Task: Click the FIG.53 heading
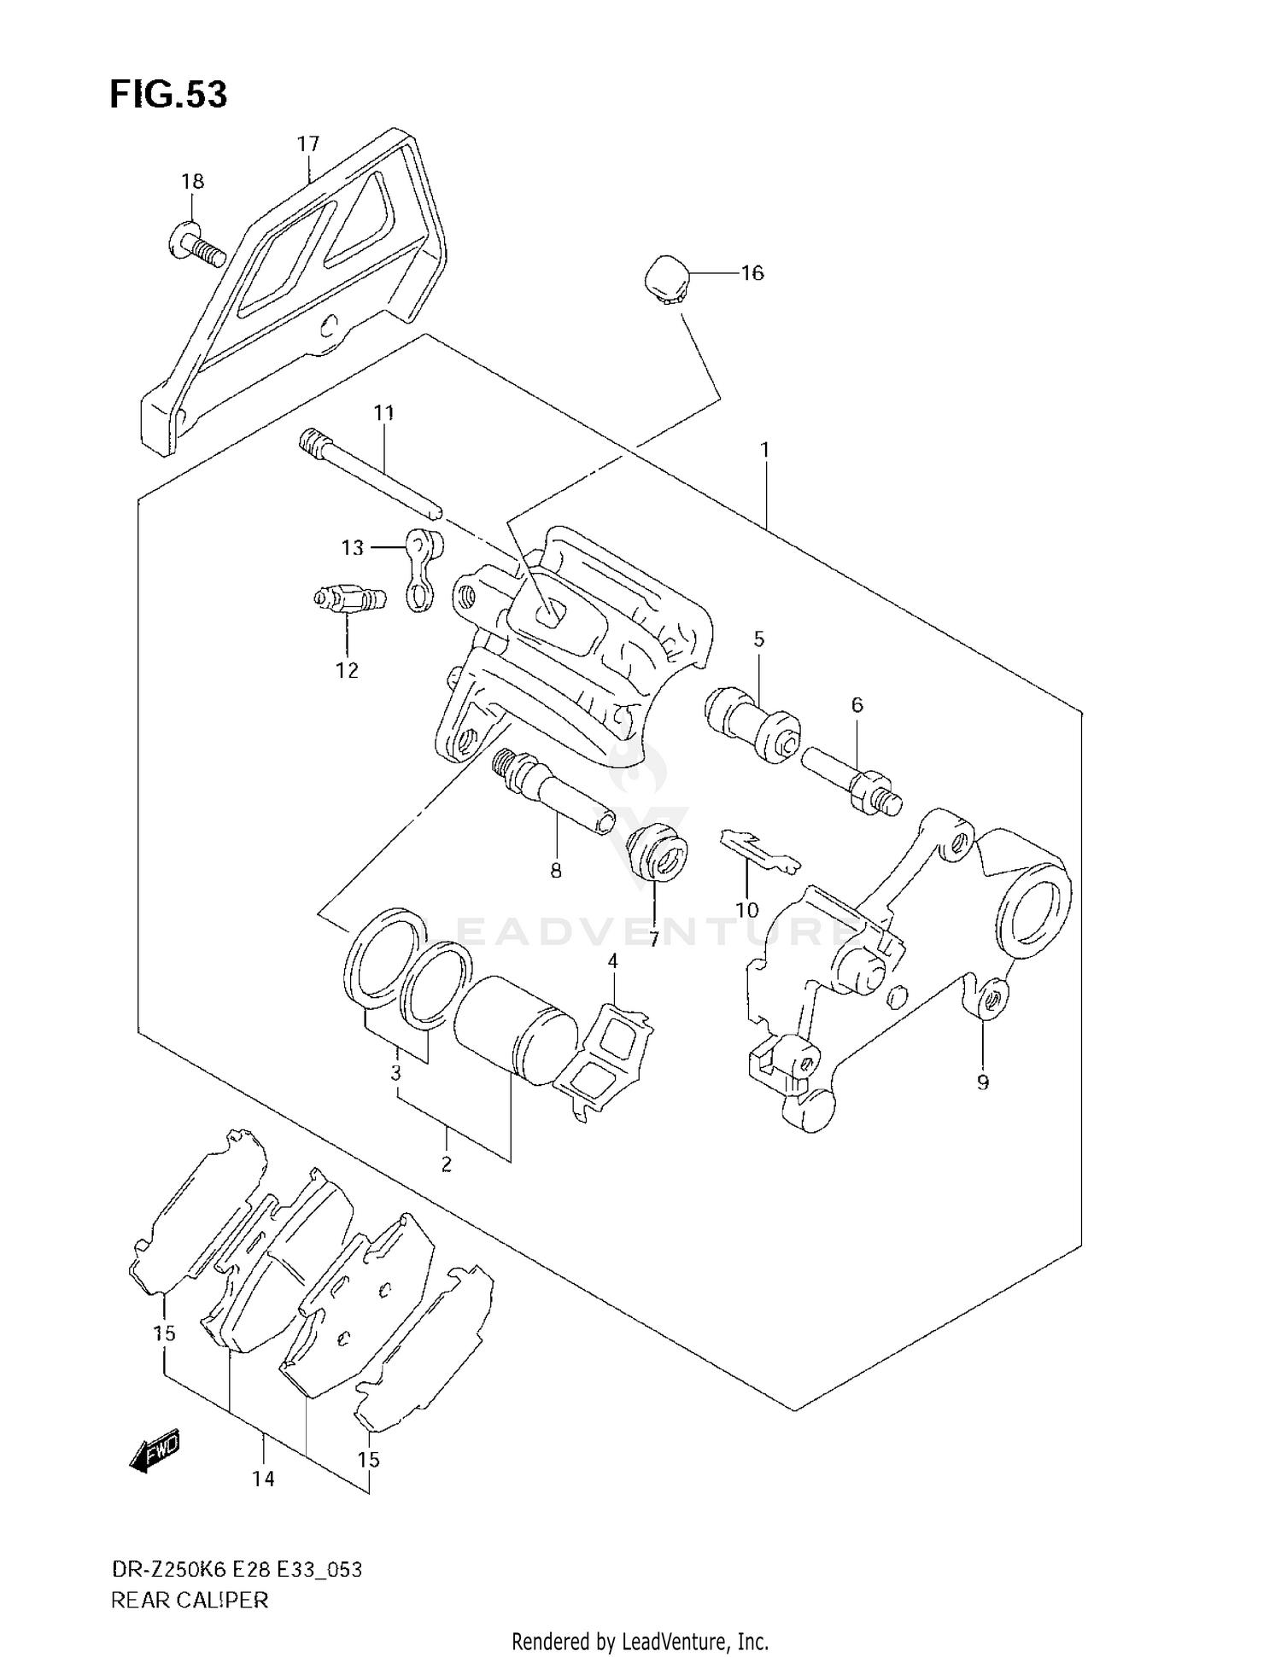coord(168,95)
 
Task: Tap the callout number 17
coord(307,143)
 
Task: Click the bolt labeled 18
coord(196,240)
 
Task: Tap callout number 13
coord(353,547)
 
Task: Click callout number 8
coord(556,871)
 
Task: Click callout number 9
coord(982,1082)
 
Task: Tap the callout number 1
coord(765,449)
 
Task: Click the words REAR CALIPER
coord(190,1600)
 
